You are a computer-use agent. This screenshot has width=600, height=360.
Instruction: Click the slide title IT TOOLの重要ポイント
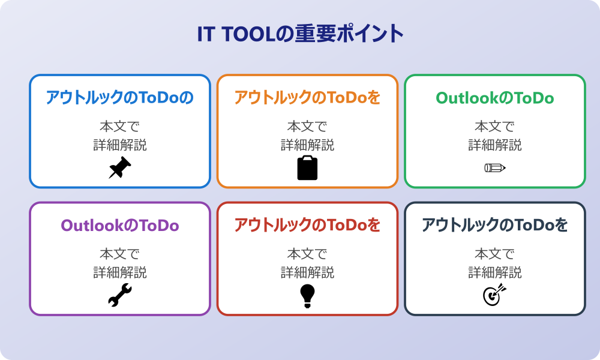click(x=300, y=34)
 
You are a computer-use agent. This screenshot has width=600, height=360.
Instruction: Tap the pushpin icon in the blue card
click(x=120, y=168)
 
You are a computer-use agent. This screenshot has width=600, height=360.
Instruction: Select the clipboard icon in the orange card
click(x=307, y=168)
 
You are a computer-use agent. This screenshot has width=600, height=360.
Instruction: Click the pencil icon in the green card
click(x=495, y=167)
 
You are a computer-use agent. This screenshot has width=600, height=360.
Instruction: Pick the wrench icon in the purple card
click(x=120, y=296)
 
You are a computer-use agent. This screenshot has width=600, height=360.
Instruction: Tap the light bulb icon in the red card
click(x=307, y=296)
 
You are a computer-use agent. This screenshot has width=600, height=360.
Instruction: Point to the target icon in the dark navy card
click(x=495, y=295)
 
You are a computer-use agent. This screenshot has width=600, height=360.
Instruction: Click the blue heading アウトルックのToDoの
click(x=120, y=98)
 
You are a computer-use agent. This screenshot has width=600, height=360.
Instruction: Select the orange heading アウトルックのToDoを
click(x=307, y=98)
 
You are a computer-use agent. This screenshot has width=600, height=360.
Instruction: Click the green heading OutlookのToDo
click(x=495, y=98)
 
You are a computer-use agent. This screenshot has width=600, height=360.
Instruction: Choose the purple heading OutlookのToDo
click(x=120, y=226)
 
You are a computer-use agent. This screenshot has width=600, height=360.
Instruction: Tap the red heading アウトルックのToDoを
click(x=307, y=226)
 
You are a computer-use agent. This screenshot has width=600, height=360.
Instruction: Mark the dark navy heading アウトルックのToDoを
click(x=495, y=226)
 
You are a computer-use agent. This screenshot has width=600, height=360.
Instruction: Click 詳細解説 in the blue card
click(x=120, y=145)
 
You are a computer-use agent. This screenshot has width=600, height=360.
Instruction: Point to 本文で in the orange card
click(x=307, y=127)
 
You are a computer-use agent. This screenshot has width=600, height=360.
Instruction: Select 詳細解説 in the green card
click(x=495, y=145)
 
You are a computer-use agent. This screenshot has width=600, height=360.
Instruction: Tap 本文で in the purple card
click(x=120, y=254)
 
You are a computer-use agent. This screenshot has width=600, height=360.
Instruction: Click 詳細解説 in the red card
click(x=307, y=273)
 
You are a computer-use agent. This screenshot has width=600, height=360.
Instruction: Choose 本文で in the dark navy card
click(x=495, y=254)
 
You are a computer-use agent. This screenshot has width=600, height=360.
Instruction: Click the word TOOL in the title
click(x=247, y=34)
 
